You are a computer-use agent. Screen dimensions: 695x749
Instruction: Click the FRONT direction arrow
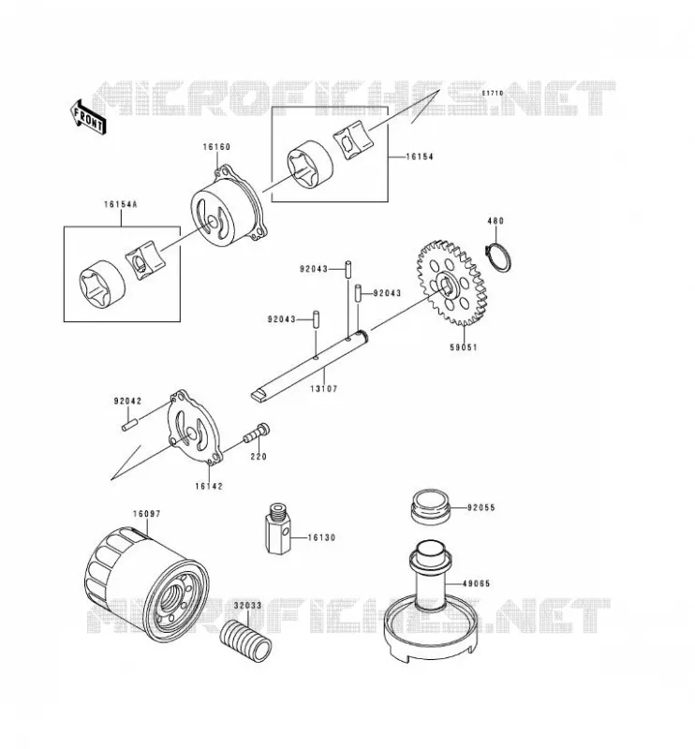87,117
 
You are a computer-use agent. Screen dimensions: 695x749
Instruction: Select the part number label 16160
216,147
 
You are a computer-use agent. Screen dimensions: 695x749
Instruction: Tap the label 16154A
121,204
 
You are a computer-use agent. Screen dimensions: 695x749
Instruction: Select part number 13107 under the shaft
323,389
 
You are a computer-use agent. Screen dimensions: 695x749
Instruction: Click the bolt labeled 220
257,433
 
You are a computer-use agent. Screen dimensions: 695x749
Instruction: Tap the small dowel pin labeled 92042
129,425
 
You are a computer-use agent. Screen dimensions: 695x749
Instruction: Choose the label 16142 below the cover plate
209,486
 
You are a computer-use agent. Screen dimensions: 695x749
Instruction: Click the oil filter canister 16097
147,584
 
